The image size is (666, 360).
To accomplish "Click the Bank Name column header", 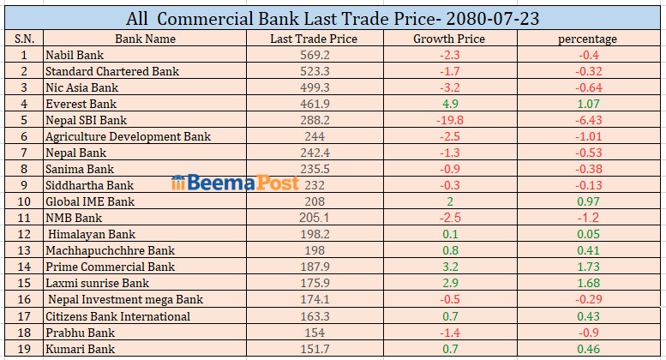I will (x=145, y=39).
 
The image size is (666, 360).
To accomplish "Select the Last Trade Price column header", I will (x=313, y=39).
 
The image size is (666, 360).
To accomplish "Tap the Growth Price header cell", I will (x=449, y=39).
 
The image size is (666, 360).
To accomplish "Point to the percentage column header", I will (x=587, y=39).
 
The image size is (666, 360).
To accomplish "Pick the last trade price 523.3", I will (x=313, y=71).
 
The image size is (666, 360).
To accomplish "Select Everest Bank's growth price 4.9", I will (x=449, y=104).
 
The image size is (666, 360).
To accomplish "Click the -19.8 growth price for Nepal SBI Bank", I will (x=449, y=120).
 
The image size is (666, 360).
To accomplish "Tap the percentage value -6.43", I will (x=587, y=120).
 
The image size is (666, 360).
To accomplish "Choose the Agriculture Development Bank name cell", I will (x=128, y=136).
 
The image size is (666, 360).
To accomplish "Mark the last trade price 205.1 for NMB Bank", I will (x=313, y=218).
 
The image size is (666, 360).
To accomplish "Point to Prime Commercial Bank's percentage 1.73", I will (x=587, y=267).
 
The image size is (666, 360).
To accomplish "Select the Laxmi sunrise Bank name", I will (x=97, y=283).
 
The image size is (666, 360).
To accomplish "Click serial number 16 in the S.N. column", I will (x=23, y=299).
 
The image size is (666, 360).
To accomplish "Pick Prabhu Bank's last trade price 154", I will (x=313, y=333).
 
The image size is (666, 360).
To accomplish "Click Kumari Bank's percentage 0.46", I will (x=587, y=349).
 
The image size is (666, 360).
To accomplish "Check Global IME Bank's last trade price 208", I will (x=313, y=201).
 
